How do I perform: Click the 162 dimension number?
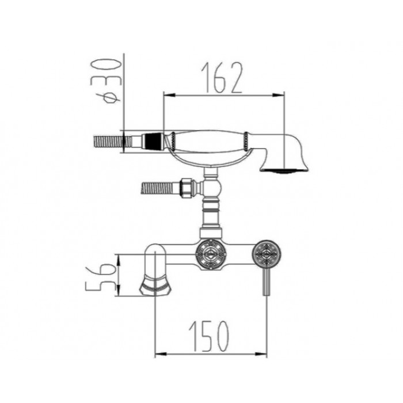[x=222, y=77]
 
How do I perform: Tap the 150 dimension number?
[x=209, y=336]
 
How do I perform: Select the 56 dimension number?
[x=101, y=279]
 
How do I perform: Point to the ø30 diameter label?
[x=105, y=81]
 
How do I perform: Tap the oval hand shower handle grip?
[x=208, y=142]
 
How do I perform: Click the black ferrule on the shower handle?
[x=154, y=141]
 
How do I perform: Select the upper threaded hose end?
[x=113, y=142]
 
